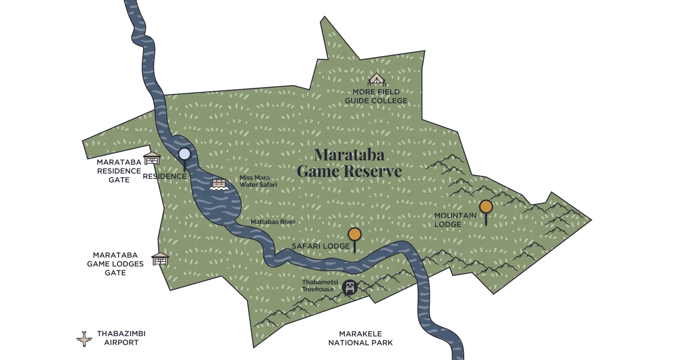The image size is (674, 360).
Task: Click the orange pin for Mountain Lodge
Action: point(486,207)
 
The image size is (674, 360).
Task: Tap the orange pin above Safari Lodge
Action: point(355,234)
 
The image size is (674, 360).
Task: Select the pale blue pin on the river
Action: point(184,154)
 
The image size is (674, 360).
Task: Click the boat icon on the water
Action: point(219,185)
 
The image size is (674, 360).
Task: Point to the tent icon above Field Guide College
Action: point(376,80)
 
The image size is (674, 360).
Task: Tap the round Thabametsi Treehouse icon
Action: point(350,287)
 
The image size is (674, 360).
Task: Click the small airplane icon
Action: point(84,339)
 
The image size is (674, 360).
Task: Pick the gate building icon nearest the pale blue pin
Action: point(152,159)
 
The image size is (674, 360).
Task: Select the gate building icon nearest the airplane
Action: point(160,259)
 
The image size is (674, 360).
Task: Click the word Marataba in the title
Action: point(349,155)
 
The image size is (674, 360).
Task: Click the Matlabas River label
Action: point(273,222)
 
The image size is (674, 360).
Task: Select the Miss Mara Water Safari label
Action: point(258,181)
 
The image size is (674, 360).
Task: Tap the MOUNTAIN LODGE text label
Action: point(455,220)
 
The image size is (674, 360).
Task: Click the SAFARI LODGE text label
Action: point(321,246)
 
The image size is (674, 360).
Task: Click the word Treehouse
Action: point(318,289)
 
